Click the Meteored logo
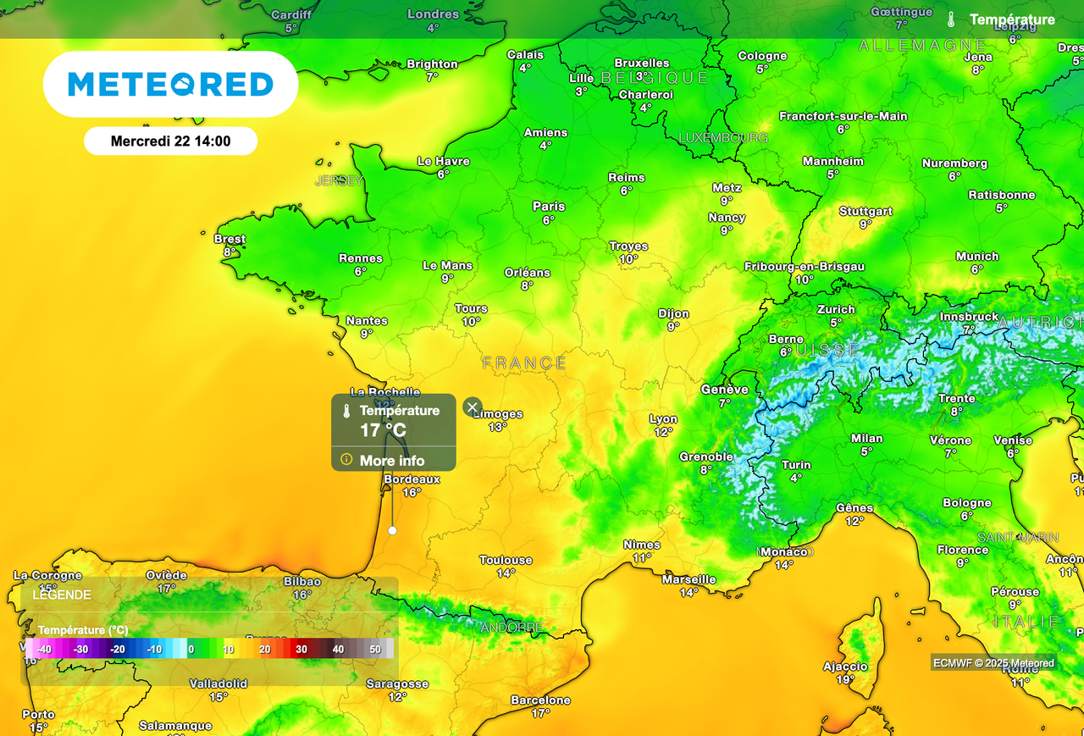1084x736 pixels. point(170,84)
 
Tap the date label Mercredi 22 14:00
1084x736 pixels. point(170,141)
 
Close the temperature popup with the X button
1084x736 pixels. point(473,407)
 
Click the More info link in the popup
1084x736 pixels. point(391,461)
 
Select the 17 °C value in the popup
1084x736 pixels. point(383,430)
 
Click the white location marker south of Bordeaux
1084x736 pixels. point(392,530)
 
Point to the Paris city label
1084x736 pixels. point(549,207)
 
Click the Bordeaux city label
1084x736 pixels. point(412,479)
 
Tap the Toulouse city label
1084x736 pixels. point(506,560)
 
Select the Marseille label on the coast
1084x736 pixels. point(689,579)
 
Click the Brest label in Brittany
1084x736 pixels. point(230,239)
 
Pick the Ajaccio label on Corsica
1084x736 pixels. point(845,667)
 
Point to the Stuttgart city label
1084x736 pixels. point(866,211)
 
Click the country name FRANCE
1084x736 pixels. point(524,363)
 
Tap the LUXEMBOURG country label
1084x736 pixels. point(723,137)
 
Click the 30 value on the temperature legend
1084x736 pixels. point(301,649)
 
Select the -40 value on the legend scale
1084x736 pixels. point(44,649)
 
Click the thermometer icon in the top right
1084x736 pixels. point(951,19)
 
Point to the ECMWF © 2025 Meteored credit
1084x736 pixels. point(993,663)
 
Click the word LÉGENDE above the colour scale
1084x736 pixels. point(62,595)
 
